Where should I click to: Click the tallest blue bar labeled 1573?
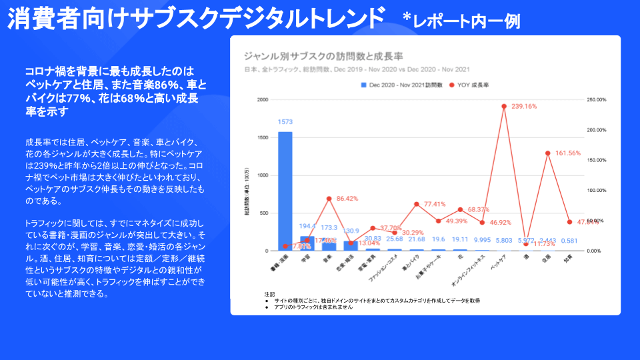(285, 191)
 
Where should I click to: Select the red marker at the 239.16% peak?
(504, 106)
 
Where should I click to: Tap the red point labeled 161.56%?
(547, 153)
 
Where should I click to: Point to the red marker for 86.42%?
(329, 199)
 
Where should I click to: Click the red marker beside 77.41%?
(416, 204)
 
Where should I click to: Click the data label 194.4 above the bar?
(307, 227)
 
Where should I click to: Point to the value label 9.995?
(482, 240)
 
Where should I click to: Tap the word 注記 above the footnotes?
(269, 294)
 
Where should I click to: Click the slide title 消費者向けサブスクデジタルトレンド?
(197, 19)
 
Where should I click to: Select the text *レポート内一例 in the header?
(461, 21)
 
